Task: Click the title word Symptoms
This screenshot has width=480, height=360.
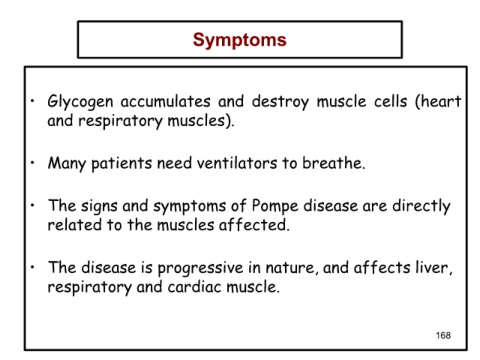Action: coord(240,40)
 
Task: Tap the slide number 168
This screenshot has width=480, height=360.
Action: coord(443,335)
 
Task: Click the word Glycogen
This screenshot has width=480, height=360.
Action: coord(80,102)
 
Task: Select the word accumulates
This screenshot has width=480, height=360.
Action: coord(165,101)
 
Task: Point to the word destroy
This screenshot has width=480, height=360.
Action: coord(280,102)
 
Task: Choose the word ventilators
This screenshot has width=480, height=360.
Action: coord(237,163)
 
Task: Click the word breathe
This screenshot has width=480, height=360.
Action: coord(332,163)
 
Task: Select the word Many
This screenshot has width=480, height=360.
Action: coord(67,164)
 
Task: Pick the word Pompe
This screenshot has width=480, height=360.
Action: coord(275,206)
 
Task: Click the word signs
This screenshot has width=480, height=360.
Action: coord(99,206)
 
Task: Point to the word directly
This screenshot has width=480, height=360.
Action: coord(421,206)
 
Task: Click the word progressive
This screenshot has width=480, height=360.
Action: coord(200,269)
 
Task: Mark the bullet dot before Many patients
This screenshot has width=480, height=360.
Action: coord(32,163)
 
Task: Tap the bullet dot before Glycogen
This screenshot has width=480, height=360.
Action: coord(32,101)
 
